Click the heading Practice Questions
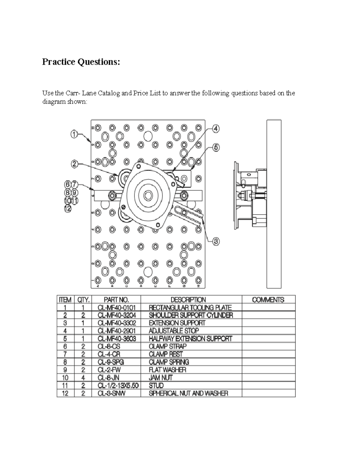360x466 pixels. tap(81, 62)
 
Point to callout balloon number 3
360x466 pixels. tap(216, 241)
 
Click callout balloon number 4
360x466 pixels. tap(216, 129)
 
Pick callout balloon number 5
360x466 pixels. tap(216, 147)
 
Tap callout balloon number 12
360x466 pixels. tap(68, 209)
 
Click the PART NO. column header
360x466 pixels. tap(116, 300)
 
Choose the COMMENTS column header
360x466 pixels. tap(268, 300)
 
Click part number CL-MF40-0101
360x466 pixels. tap(117, 308)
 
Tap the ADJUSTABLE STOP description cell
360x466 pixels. tap(174, 331)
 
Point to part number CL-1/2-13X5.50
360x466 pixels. tap(118, 386)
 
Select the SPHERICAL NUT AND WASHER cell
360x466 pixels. tap(188, 393)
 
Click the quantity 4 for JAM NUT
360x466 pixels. tap(83, 378)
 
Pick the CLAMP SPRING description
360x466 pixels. tap(169, 362)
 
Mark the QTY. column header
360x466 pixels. tap(83, 300)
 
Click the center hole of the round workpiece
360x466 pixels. tap(147, 196)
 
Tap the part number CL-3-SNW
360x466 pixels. tap(111, 393)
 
